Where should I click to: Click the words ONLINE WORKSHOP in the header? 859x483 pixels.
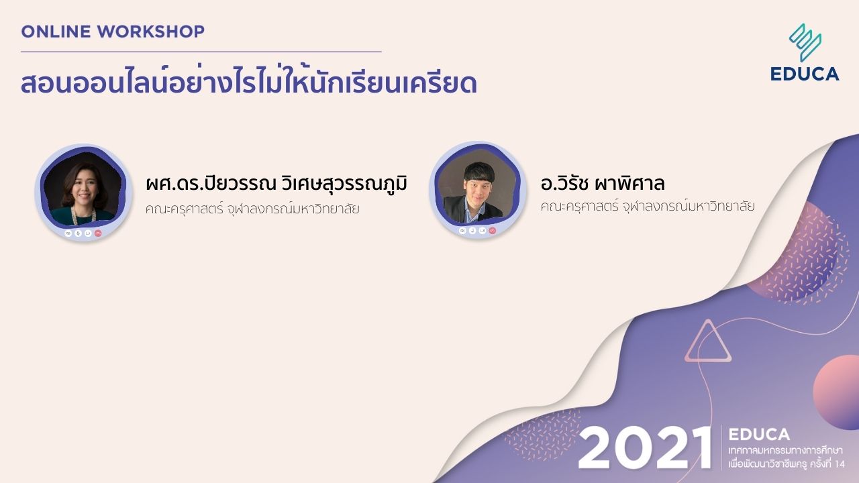pos(113,31)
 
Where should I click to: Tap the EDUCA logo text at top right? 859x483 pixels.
pos(805,74)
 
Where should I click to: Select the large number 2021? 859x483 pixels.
pos(644,447)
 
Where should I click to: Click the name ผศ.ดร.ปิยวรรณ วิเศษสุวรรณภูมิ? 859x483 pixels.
pos(276,184)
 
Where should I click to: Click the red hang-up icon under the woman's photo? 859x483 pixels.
pos(99,233)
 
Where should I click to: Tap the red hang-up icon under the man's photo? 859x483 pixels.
pos(493,230)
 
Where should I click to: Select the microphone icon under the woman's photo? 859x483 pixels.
pos(78,233)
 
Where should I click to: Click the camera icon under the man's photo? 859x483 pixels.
pos(462,230)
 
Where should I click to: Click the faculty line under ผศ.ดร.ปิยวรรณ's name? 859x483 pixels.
pos(252,209)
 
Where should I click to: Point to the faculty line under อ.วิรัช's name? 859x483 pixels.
pos(647,206)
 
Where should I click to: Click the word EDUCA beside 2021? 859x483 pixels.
pos(759,435)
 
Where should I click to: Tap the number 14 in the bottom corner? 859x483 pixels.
pos(840,464)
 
